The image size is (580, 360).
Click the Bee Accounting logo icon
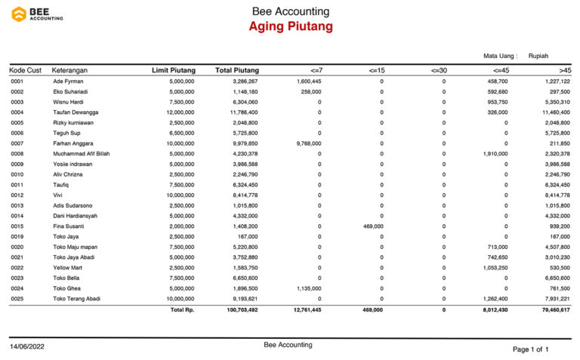[x=19, y=14]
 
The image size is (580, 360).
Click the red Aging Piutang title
[x=291, y=27]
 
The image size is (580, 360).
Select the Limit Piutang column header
[x=173, y=70]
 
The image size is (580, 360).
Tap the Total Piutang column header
[x=236, y=70]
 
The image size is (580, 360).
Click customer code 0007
[x=17, y=143]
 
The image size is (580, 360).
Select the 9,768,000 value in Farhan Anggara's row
[x=309, y=143]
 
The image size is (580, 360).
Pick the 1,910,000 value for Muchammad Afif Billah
[x=495, y=154]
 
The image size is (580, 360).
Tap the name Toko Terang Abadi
[x=77, y=299]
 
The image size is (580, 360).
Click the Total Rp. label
[x=182, y=309]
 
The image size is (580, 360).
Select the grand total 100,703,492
[x=237, y=309]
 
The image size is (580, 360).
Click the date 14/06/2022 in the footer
[x=29, y=346]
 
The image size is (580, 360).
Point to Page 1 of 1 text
[x=530, y=349]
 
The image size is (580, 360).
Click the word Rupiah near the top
[x=538, y=55]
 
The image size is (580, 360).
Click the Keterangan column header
[x=70, y=70]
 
